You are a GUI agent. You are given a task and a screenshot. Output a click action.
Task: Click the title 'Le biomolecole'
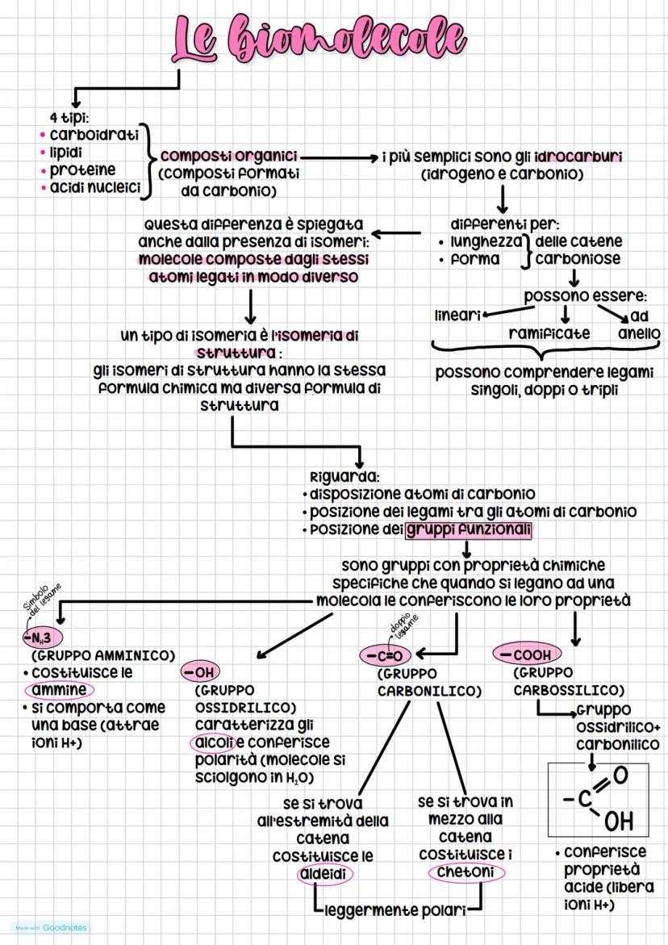tap(319, 39)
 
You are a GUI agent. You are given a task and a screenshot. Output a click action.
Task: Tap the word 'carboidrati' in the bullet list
tap(94, 134)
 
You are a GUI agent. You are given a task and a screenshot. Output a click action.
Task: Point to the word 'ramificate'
tap(549, 332)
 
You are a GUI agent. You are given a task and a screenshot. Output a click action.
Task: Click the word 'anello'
tap(639, 332)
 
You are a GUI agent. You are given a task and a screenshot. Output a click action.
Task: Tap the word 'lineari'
tap(457, 315)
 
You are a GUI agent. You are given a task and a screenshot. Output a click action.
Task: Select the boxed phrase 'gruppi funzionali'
tap(468, 530)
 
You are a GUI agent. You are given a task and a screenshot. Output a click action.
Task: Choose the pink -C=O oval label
tap(386, 655)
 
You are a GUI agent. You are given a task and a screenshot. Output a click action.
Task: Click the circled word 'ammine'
tap(58, 690)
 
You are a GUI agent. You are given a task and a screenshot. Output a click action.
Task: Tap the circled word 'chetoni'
tap(466, 872)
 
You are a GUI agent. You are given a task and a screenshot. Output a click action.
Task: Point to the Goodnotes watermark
tap(49, 927)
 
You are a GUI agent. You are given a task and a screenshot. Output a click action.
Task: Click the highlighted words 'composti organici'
tap(228, 156)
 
